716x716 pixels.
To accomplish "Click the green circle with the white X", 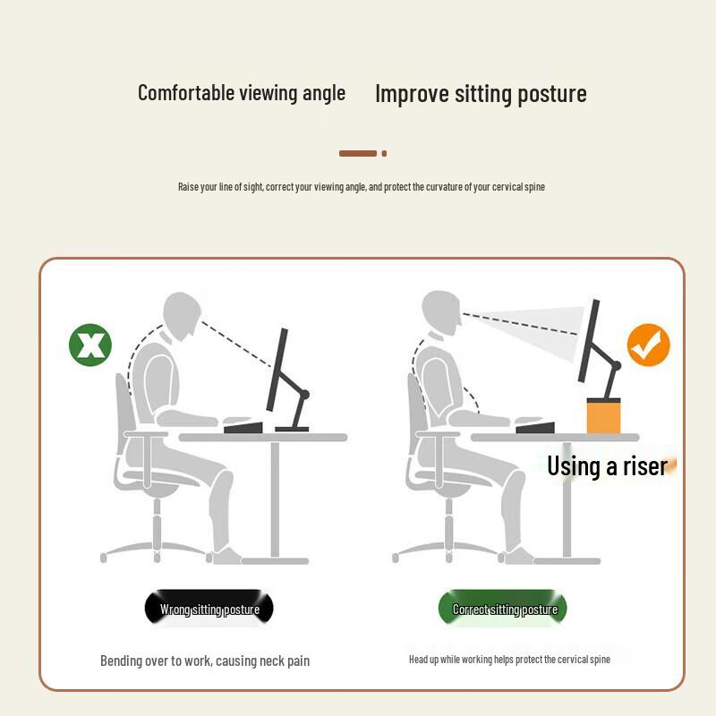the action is coord(90,345).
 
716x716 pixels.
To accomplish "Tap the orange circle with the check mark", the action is coord(648,345).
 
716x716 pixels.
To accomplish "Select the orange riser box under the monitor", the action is coord(603,415).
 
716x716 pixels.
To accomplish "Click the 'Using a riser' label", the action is coord(608,466).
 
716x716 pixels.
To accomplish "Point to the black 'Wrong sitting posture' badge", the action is coord(209,609).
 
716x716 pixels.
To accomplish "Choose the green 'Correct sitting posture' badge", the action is coord(502,609).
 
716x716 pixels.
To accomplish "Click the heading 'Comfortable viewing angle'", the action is coord(242,93).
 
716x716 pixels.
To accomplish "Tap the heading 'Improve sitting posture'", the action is coord(481,94).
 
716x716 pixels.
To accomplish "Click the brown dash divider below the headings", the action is coord(362,153).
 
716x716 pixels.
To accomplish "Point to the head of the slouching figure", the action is coord(182,315).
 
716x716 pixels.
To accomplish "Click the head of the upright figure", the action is coord(441,312).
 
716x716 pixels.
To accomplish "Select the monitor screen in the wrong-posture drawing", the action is coord(277,369).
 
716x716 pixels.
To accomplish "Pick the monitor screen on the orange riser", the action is coord(589,341).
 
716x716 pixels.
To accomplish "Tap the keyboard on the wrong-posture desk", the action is coord(243,428).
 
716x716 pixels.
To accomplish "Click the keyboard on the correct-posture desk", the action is coord(535,428).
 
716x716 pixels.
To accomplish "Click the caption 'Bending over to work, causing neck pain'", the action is coord(205,661).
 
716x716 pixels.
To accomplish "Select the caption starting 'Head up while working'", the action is coord(509,660).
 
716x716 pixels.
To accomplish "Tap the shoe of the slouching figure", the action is coord(227,555).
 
